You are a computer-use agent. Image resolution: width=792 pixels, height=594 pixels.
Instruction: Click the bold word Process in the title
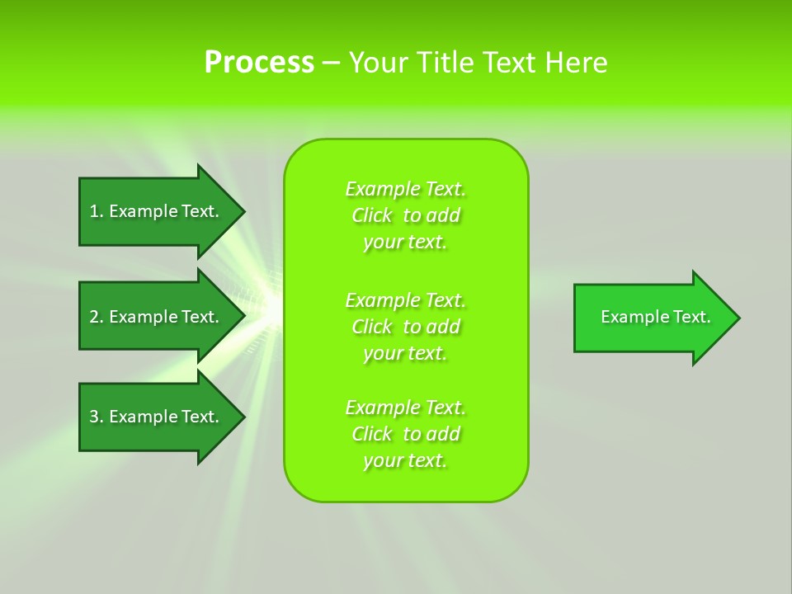pos(259,63)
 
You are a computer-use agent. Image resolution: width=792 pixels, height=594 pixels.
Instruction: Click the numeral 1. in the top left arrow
pos(97,211)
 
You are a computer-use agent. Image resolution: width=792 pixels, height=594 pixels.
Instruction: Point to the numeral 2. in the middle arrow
pos(97,317)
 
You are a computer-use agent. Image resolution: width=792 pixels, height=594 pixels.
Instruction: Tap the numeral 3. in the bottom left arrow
pos(97,417)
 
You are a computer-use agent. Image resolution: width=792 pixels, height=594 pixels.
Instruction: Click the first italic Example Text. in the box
pos(405,189)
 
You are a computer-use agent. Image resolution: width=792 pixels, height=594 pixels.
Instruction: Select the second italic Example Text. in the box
pos(405,300)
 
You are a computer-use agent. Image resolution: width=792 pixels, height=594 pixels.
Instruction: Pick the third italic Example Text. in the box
pos(405,408)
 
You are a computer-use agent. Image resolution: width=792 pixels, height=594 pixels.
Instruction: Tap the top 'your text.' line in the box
pos(405,242)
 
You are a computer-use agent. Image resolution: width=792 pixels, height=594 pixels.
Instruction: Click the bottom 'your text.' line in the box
pos(405,460)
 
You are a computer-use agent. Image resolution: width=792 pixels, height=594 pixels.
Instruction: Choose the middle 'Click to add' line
pos(405,327)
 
